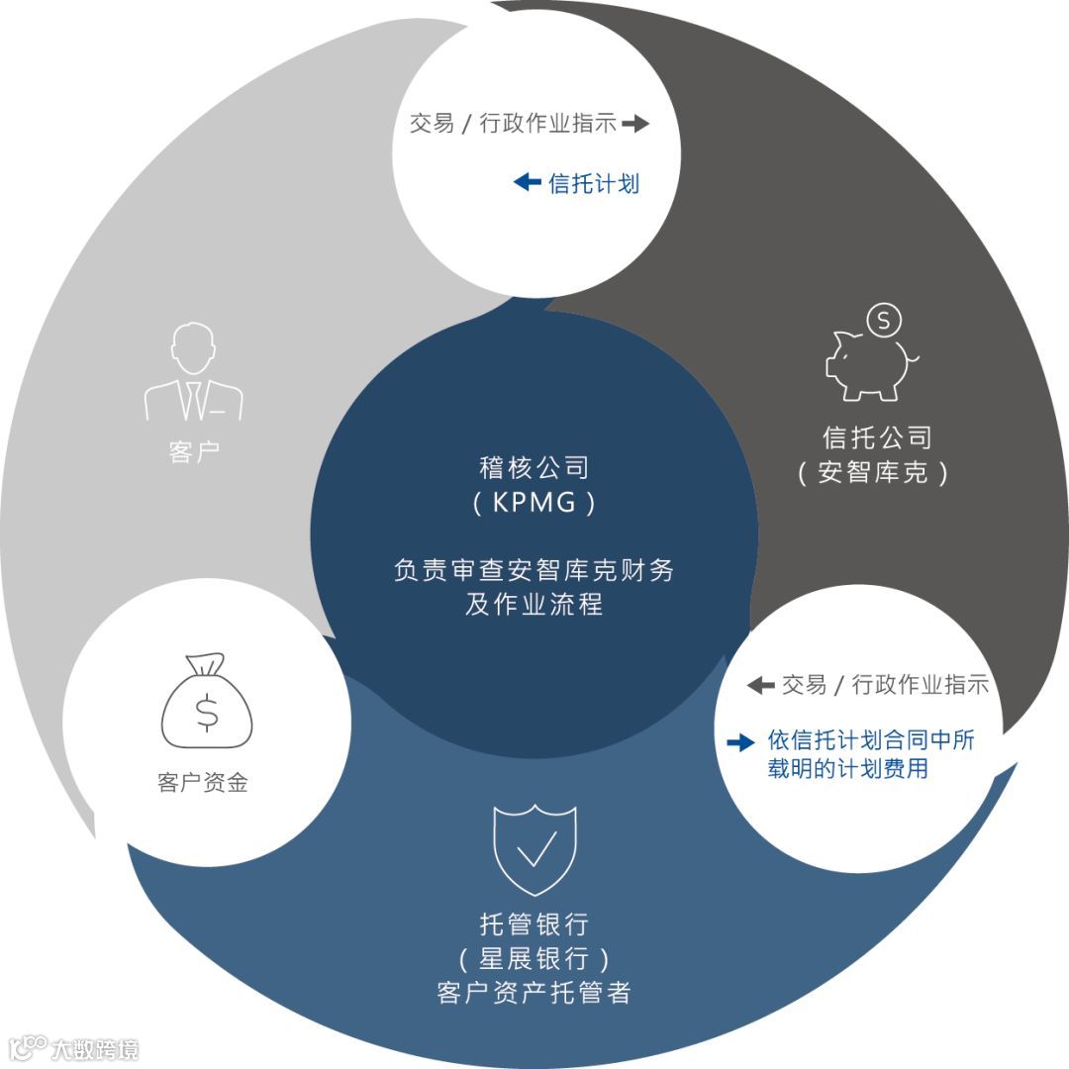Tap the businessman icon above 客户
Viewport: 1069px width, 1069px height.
(x=194, y=373)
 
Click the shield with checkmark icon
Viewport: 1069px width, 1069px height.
(x=534, y=849)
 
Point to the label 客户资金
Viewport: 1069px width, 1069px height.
(x=203, y=783)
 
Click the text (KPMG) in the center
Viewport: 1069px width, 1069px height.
(x=534, y=503)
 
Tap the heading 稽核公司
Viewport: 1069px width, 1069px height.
(x=534, y=466)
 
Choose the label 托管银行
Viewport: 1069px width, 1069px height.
(x=534, y=924)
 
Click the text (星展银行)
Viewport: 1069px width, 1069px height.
(x=534, y=959)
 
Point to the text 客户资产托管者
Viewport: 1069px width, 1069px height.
(x=534, y=993)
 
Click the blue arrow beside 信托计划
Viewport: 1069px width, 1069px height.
(x=527, y=182)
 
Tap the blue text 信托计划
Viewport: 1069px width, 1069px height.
(x=594, y=183)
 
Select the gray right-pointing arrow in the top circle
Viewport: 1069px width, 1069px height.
(x=635, y=124)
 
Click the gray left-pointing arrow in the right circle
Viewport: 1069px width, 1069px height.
(x=760, y=684)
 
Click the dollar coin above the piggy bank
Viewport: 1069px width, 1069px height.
(x=883, y=320)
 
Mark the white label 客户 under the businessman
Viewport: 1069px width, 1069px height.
(x=194, y=452)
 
